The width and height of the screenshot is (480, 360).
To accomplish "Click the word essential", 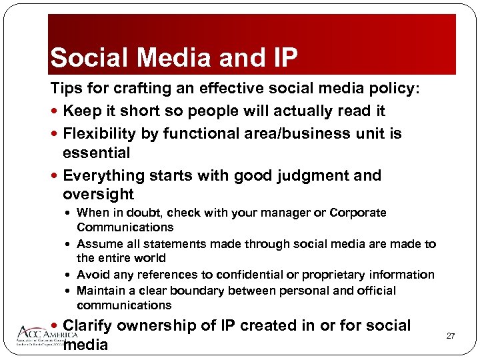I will click(96, 153).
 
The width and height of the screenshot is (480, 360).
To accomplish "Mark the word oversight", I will click(98, 195).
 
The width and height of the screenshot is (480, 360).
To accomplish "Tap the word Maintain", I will click(100, 291).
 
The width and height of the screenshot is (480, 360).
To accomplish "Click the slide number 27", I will click(451, 335).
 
